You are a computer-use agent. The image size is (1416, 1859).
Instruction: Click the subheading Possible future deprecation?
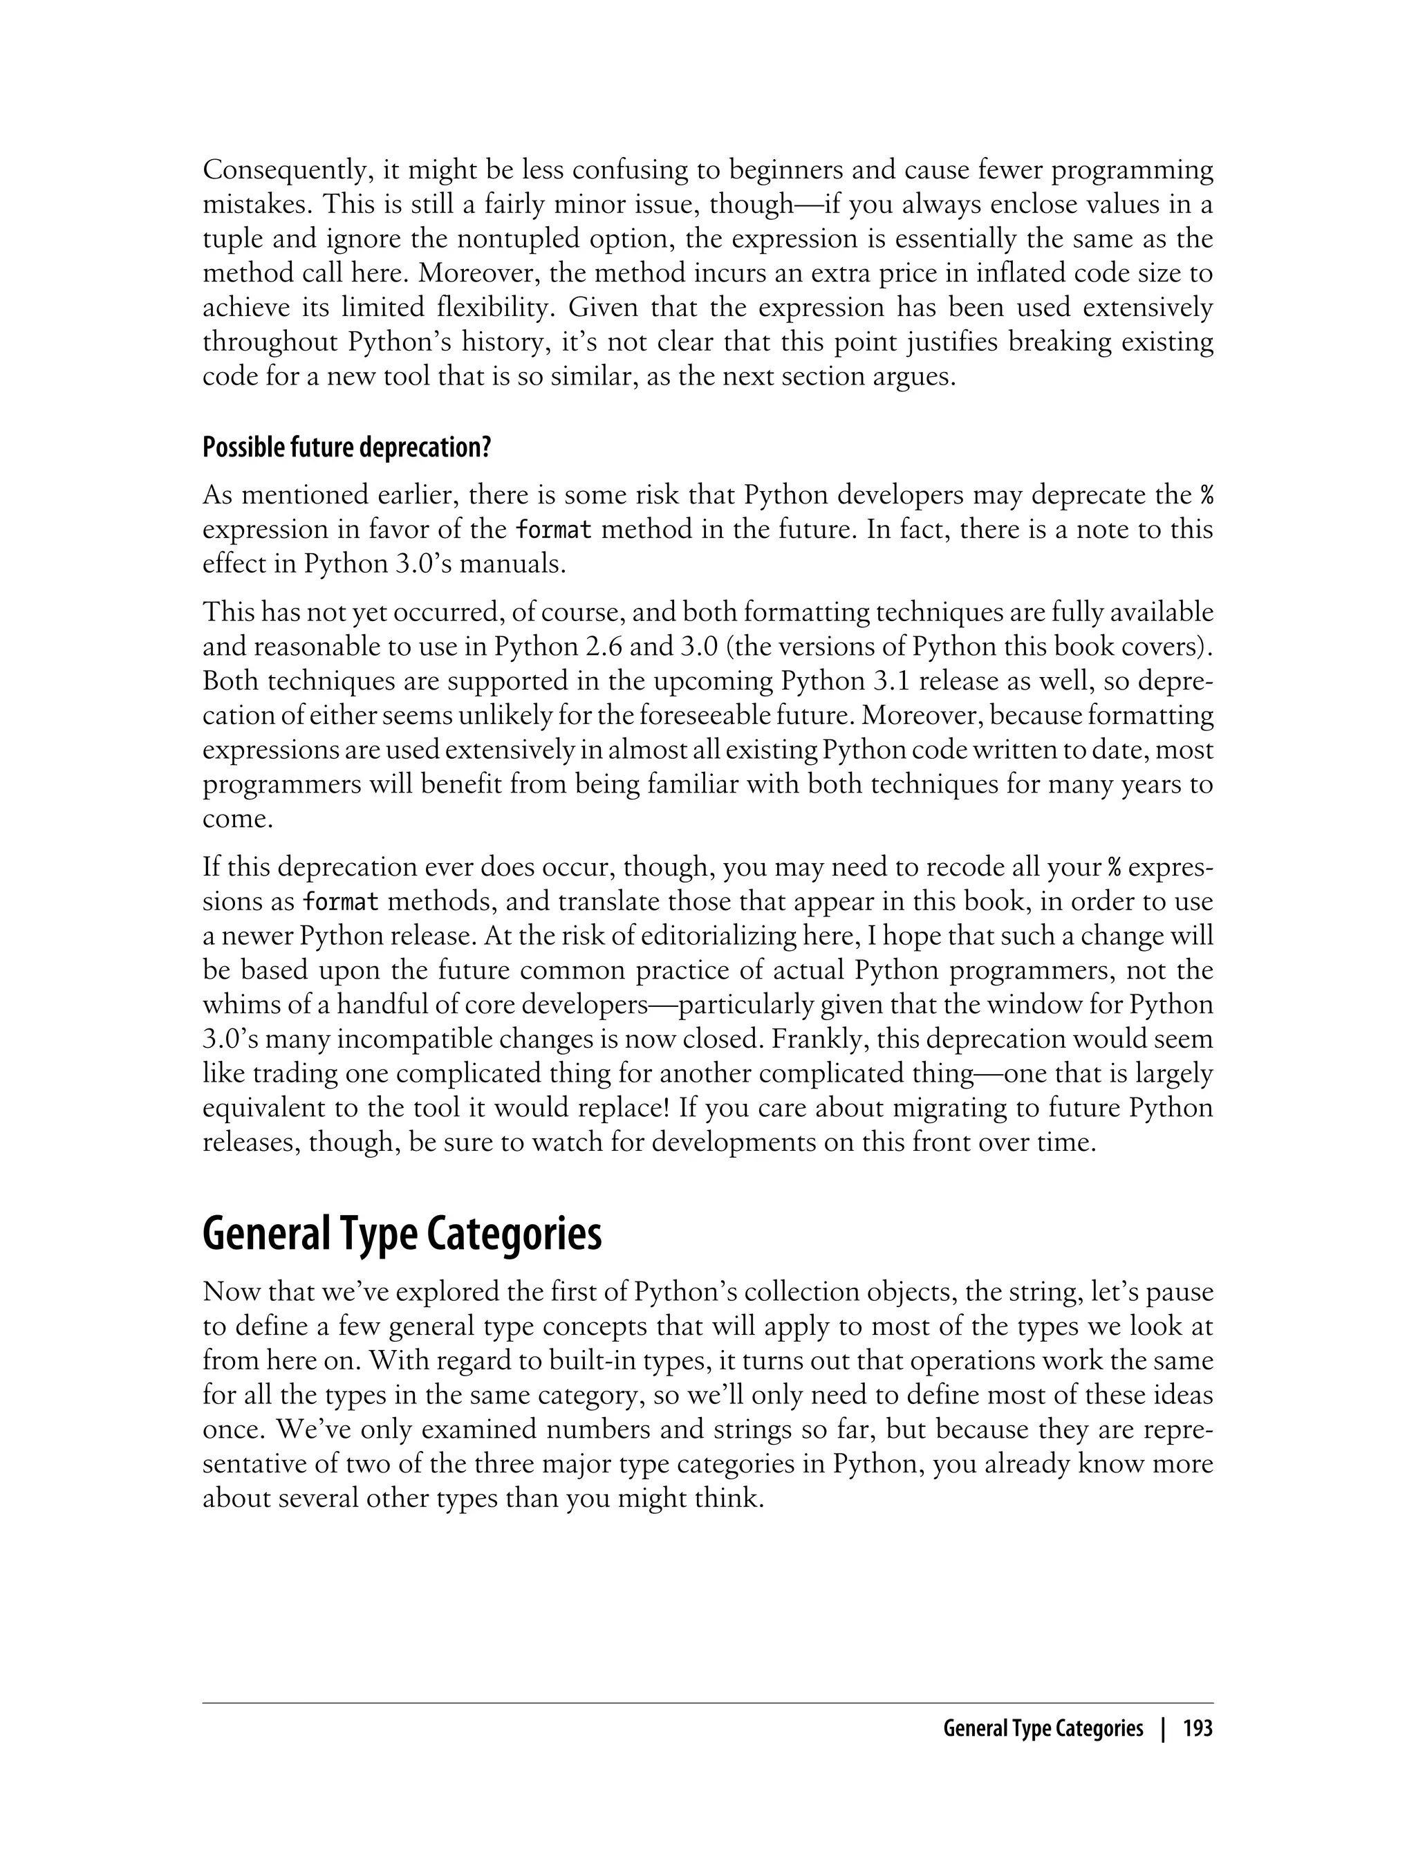[346, 447]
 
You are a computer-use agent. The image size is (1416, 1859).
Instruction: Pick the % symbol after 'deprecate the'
[1207, 496]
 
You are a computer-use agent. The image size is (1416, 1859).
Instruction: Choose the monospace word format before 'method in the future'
[554, 530]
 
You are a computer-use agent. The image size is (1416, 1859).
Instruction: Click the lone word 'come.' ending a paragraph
[238, 820]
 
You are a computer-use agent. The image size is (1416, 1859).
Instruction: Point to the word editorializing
[729, 936]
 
